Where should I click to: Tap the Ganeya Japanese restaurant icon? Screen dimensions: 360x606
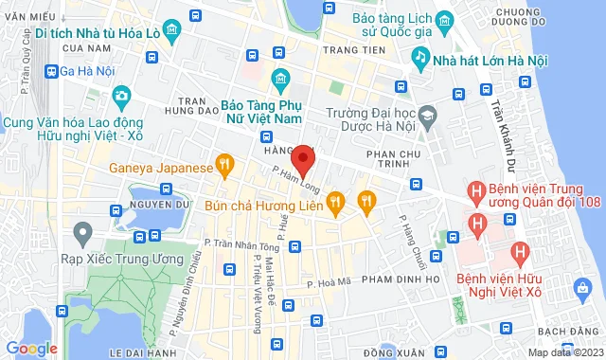224,168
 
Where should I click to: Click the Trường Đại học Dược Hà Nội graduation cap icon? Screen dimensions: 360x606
427,115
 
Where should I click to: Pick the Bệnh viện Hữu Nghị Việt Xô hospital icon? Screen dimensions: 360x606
517,253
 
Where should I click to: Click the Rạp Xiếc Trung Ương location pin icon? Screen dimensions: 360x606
82,230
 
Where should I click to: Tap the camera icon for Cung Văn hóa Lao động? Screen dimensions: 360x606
121,96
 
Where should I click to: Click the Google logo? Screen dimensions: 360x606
31,348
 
